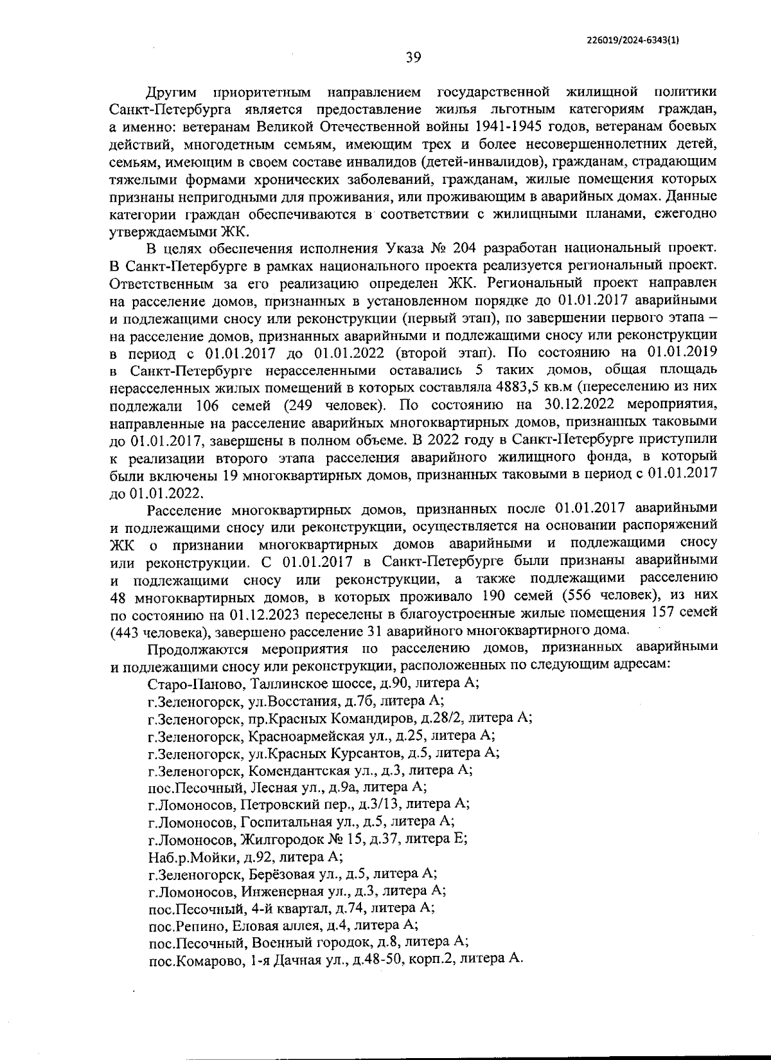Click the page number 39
pos(413,58)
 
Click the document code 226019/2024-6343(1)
pos(633,39)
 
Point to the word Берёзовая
pos(281,874)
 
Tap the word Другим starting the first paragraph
pos(169,92)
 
